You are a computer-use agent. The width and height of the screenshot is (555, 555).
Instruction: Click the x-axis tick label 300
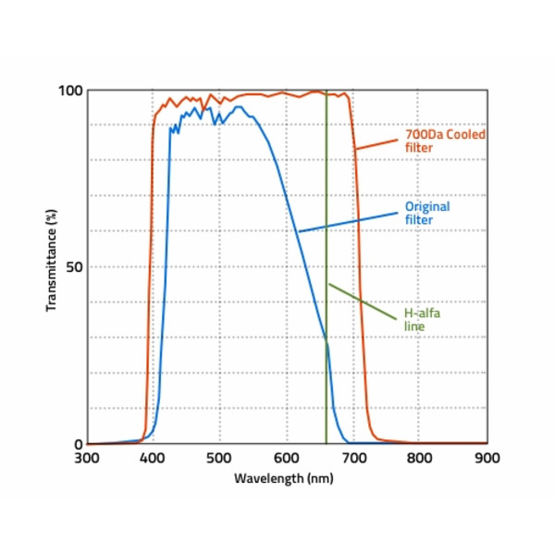click(86, 457)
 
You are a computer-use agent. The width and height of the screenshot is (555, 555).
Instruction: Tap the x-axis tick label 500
click(220, 457)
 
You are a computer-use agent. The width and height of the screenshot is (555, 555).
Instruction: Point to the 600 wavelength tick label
click(287, 457)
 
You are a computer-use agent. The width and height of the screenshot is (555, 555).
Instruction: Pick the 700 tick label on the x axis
click(353, 457)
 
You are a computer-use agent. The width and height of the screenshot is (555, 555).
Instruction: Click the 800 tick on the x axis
click(420, 457)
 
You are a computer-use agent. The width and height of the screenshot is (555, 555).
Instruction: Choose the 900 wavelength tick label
click(487, 457)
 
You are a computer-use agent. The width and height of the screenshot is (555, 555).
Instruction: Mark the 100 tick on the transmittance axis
click(71, 91)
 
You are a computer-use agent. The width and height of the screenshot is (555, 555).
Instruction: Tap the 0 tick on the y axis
click(78, 444)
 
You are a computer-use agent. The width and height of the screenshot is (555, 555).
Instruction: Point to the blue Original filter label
click(427, 213)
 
